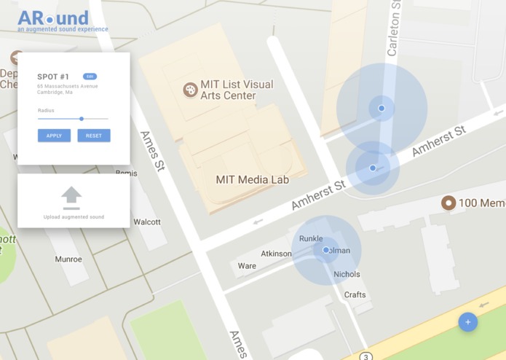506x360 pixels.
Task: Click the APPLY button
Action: [54, 136]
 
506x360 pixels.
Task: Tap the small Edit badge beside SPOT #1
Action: [90, 77]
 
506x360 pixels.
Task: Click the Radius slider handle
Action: [82, 119]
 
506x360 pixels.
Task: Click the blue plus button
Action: [467, 321]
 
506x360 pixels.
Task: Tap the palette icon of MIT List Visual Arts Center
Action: [190, 90]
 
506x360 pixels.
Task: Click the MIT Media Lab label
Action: [252, 179]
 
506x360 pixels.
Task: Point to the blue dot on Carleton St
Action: [382, 109]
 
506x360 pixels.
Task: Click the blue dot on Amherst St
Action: [373, 168]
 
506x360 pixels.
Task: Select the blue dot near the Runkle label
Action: [326, 250]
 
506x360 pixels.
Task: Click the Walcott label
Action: [147, 222]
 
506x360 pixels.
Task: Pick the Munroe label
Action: [68, 259]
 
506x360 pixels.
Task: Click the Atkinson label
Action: [276, 254]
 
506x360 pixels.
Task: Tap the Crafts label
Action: [355, 294]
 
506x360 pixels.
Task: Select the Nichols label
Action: [347, 275]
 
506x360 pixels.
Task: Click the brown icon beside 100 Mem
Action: [448, 203]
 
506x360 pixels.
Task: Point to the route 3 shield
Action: [365, 356]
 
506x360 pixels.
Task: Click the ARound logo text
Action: [53, 18]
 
